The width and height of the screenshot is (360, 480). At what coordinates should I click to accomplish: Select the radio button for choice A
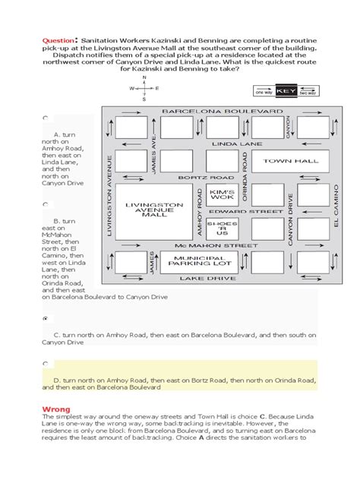click(x=46, y=118)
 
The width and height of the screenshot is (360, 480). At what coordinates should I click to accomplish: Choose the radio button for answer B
click(x=46, y=204)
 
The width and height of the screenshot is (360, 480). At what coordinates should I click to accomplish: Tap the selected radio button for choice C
click(x=46, y=319)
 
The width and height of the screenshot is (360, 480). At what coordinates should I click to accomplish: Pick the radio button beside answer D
click(x=46, y=364)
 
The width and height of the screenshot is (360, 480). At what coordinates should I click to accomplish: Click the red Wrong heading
click(x=56, y=409)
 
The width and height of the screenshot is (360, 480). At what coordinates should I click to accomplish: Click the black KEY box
click(x=286, y=91)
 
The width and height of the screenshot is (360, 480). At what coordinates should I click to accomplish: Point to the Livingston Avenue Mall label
click(x=154, y=209)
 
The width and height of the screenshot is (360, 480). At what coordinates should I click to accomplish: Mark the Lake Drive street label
click(x=220, y=279)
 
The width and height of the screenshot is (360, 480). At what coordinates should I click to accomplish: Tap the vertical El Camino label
click(x=333, y=210)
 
